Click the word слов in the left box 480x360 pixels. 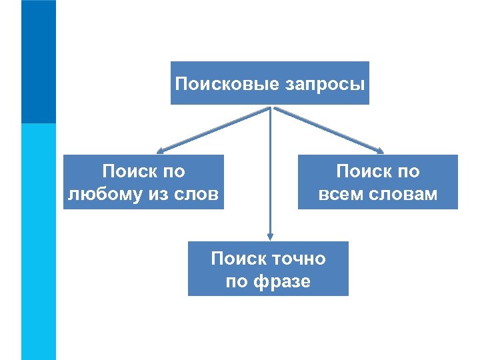199,194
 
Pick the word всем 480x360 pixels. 341,194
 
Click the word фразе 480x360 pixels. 281,281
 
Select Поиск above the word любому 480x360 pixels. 129,171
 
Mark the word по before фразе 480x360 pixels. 237,281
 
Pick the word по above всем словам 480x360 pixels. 408,171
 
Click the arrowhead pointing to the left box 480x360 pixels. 160,150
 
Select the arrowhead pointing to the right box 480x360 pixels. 382,150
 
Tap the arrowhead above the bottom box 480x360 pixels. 269,235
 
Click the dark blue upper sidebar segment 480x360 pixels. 39,61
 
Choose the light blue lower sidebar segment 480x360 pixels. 39,240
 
